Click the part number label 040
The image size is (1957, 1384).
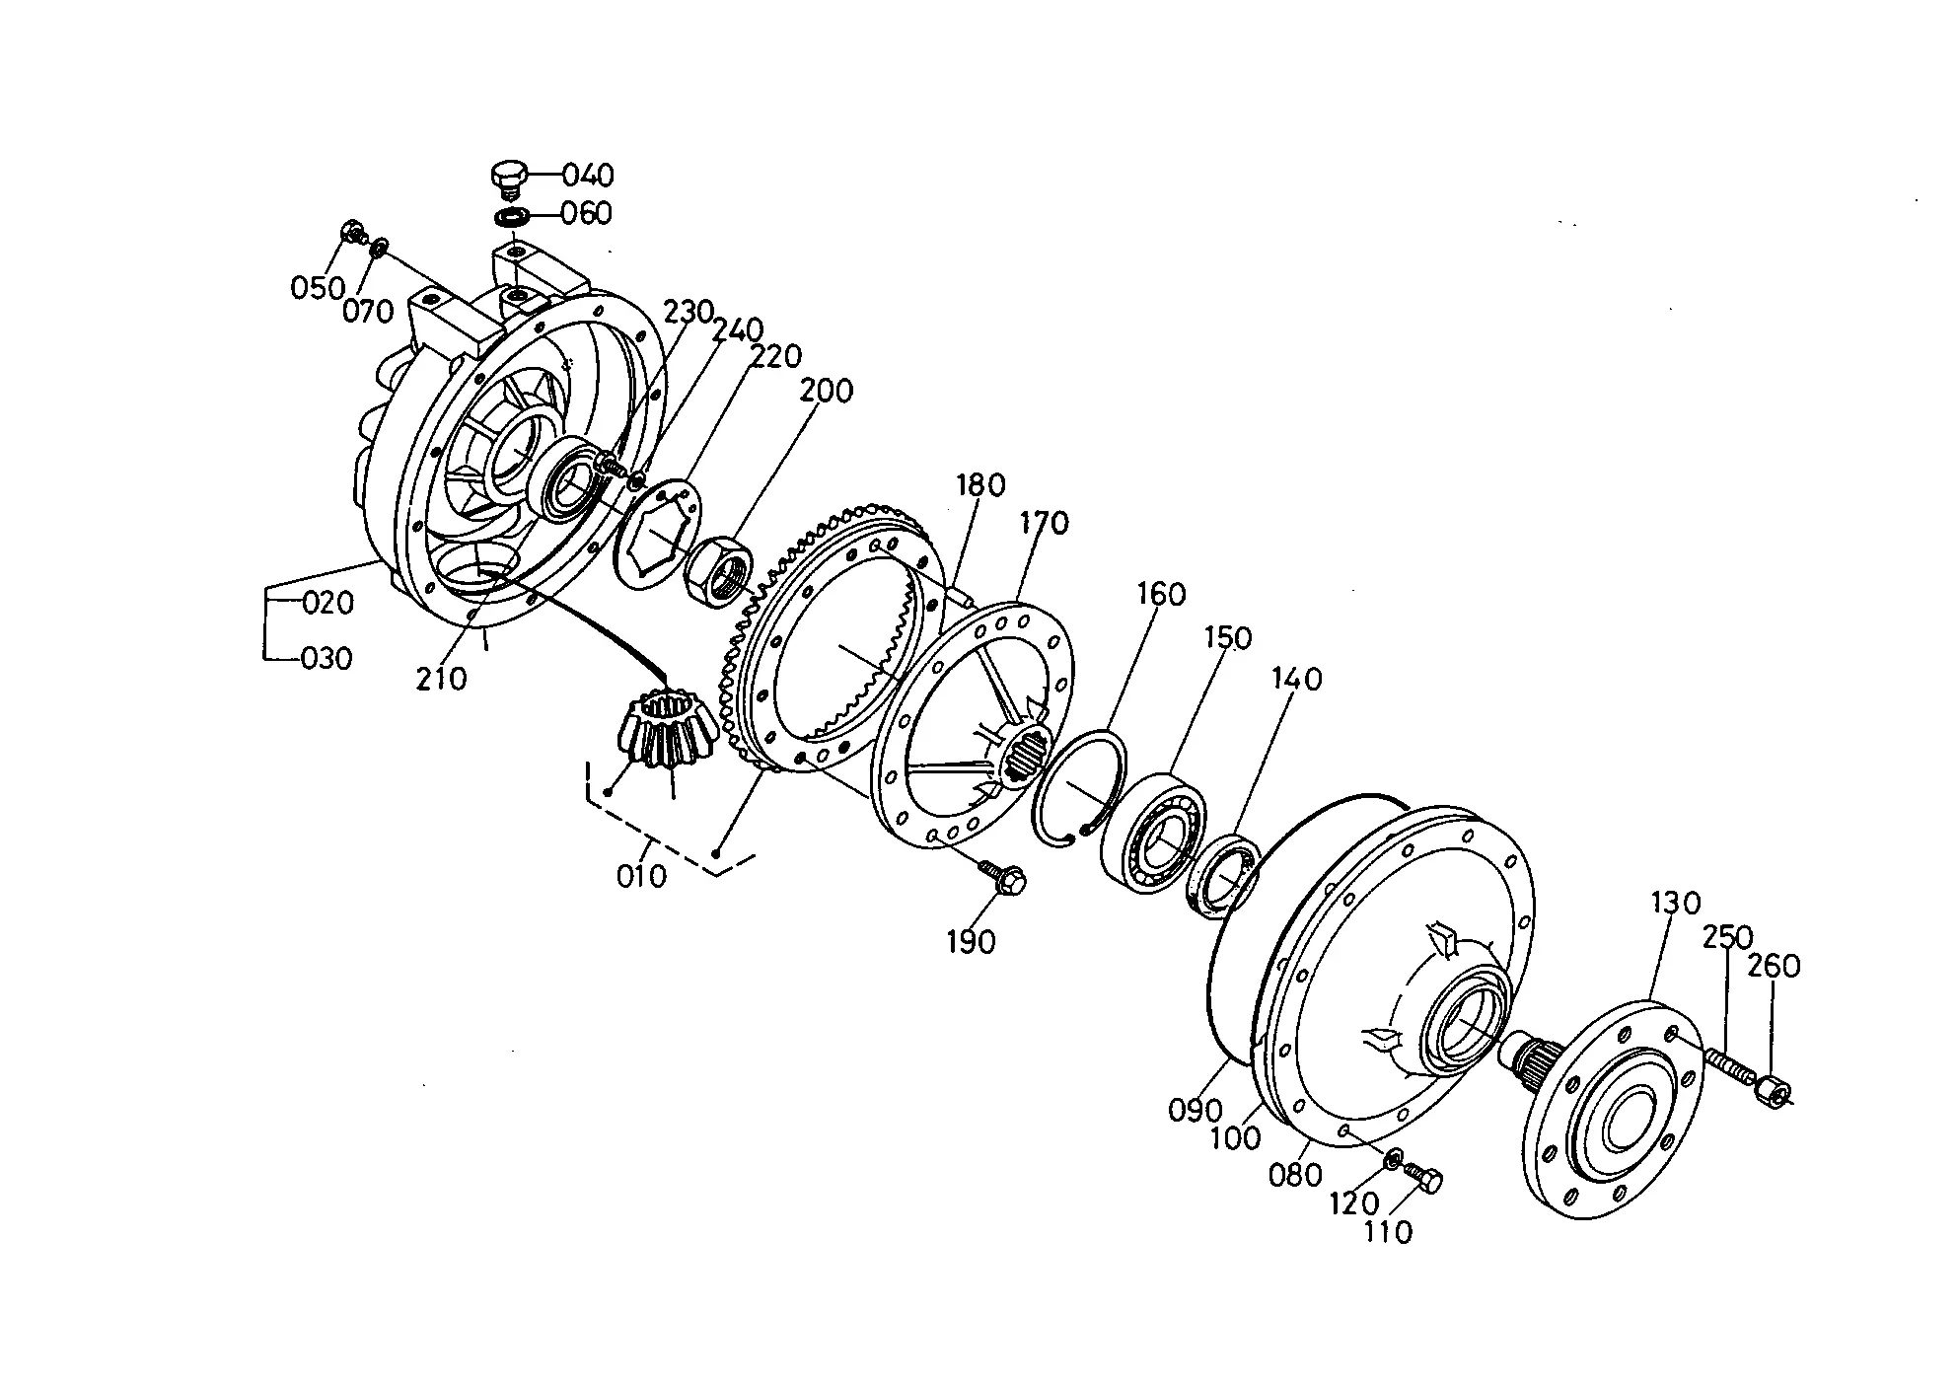tap(589, 176)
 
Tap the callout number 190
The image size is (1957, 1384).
tap(972, 942)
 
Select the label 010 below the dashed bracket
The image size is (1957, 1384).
tap(641, 876)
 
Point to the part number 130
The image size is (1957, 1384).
tap(1676, 903)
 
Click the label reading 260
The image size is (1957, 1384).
tap(1775, 966)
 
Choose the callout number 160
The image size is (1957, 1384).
tap(1161, 594)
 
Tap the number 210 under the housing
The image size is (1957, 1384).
tap(441, 679)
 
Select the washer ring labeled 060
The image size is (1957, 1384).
tap(511, 216)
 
